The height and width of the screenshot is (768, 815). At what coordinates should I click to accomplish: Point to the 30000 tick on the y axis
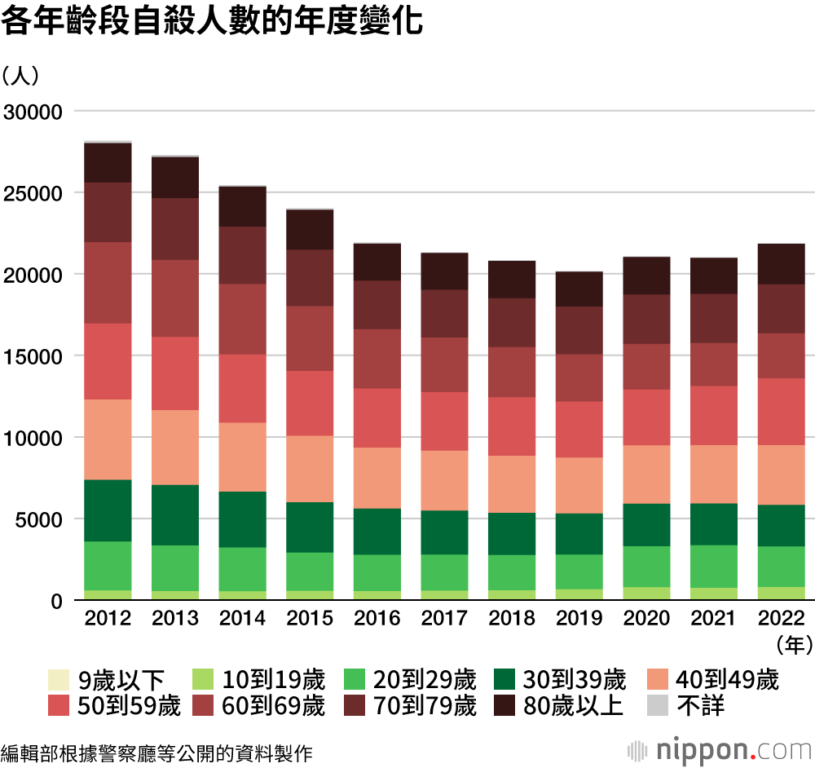tap(33, 112)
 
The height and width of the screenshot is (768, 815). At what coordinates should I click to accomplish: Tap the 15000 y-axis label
tap(33, 356)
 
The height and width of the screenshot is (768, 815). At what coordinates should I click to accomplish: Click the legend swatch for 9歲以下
tap(59, 679)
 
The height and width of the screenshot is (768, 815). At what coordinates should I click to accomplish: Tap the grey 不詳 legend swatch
tap(657, 705)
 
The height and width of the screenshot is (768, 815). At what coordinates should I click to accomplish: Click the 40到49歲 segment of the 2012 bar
tap(108, 439)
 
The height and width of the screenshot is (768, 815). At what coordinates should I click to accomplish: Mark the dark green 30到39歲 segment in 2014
tap(242, 519)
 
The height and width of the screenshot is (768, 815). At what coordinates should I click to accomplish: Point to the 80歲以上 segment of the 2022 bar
tap(781, 264)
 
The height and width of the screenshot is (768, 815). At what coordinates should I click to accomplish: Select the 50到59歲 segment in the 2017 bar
tap(444, 422)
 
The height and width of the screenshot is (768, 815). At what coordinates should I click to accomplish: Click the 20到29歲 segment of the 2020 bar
tap(646, 567)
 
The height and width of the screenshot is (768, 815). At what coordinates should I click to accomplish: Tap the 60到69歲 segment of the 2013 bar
tap(175, 298)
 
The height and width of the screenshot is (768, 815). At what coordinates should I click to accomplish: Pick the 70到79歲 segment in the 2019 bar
tap(579, 330)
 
